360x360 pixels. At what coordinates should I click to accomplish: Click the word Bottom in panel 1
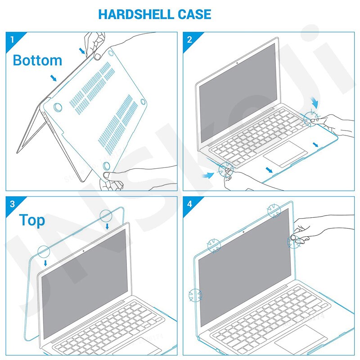tap(37, 60)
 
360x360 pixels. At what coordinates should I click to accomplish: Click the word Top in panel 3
tap(32, 220)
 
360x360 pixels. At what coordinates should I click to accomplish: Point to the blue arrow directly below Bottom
tap(54, 78)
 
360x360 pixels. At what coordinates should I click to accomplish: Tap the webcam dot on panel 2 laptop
tap(237, 63)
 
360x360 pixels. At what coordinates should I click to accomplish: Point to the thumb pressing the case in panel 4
tap(294, 237)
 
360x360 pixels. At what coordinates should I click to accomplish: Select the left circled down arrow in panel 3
tap(44, 252)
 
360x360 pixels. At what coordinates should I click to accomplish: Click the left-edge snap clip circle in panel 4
tap(196, 295)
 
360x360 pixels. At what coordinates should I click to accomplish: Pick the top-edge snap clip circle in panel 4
tap(273, 210)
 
